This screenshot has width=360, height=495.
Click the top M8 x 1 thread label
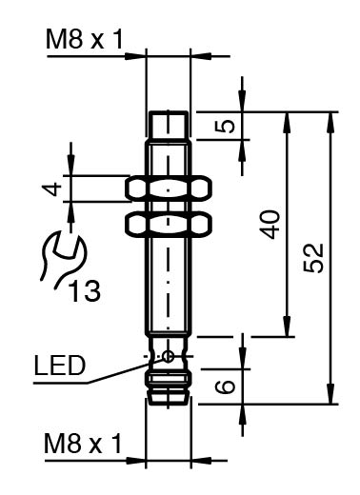tap(85, 39)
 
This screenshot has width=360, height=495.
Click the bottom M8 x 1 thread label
tap(83, 444)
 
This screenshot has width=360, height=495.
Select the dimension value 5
tap(225, 126)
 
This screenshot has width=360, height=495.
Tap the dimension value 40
tap(270, 224)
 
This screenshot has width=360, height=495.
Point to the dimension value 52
tap(313, 258)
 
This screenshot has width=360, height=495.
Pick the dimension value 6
tap(225, 387)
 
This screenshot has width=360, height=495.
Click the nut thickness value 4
tap(51, 188)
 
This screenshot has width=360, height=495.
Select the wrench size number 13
tap(85, 290)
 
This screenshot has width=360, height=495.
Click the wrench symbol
tap(61, 256)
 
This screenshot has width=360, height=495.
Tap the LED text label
tap(60, 366)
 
